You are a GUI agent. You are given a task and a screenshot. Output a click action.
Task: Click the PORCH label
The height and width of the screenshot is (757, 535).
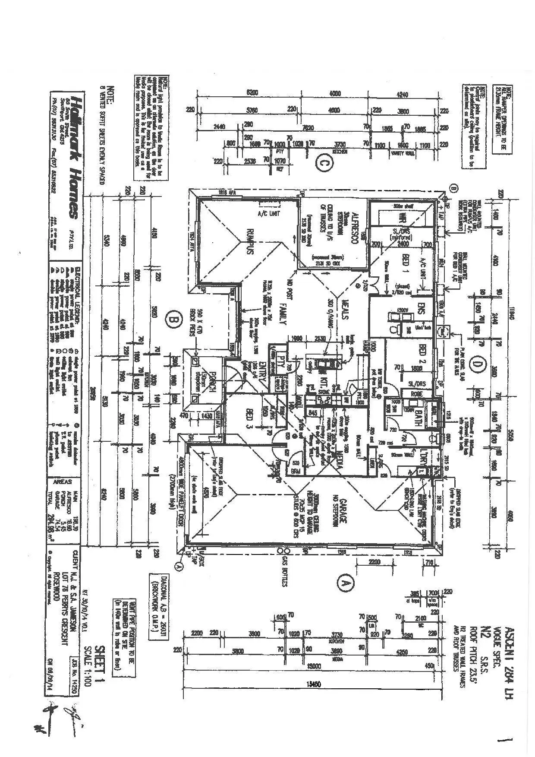coord(212,382)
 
